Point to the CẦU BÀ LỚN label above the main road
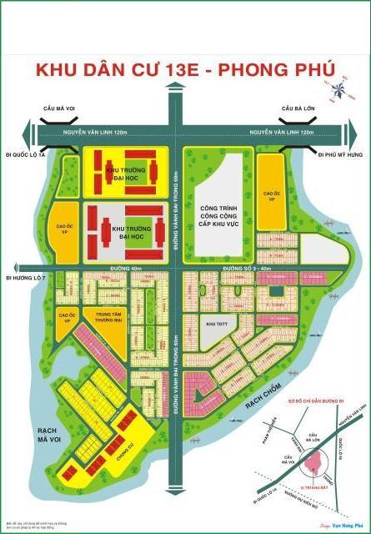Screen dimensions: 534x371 click(296, 108)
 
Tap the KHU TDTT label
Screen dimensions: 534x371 click(217, 322)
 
